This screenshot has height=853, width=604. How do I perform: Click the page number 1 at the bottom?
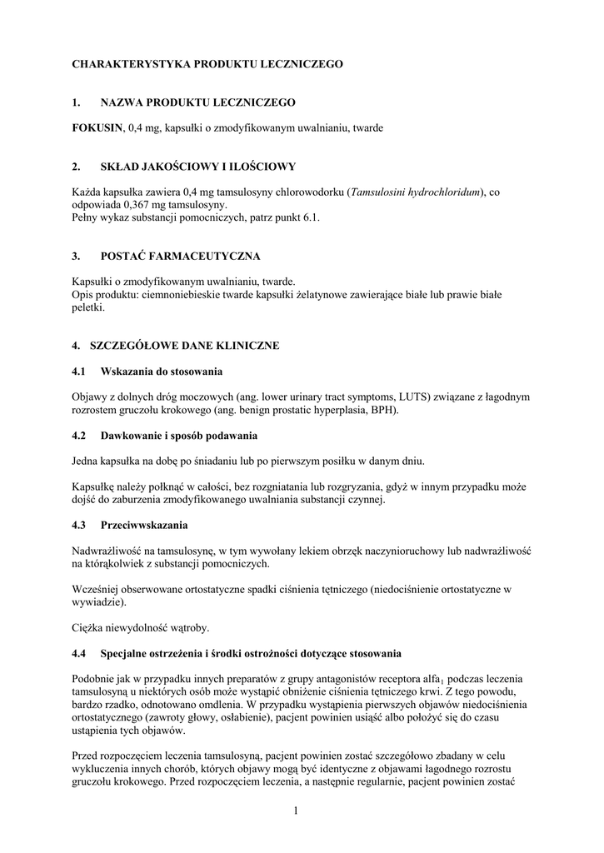click(295, 811)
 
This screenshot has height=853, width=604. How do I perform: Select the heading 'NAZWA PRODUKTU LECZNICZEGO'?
click(197, 102)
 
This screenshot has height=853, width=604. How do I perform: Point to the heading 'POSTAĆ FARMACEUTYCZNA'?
click(181, 256)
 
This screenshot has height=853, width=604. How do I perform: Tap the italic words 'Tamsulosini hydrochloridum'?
click(417, 192)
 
